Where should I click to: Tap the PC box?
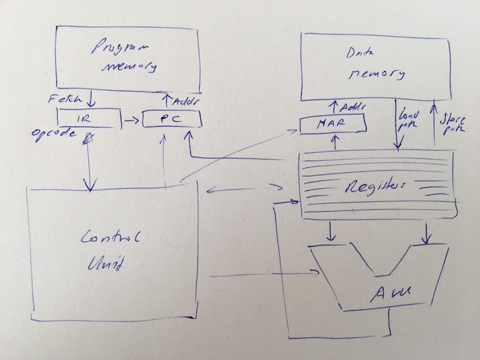(x=172, y=121)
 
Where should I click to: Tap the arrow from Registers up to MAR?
(x=333, y=142)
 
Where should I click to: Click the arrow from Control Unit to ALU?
(x=264, y=275)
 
